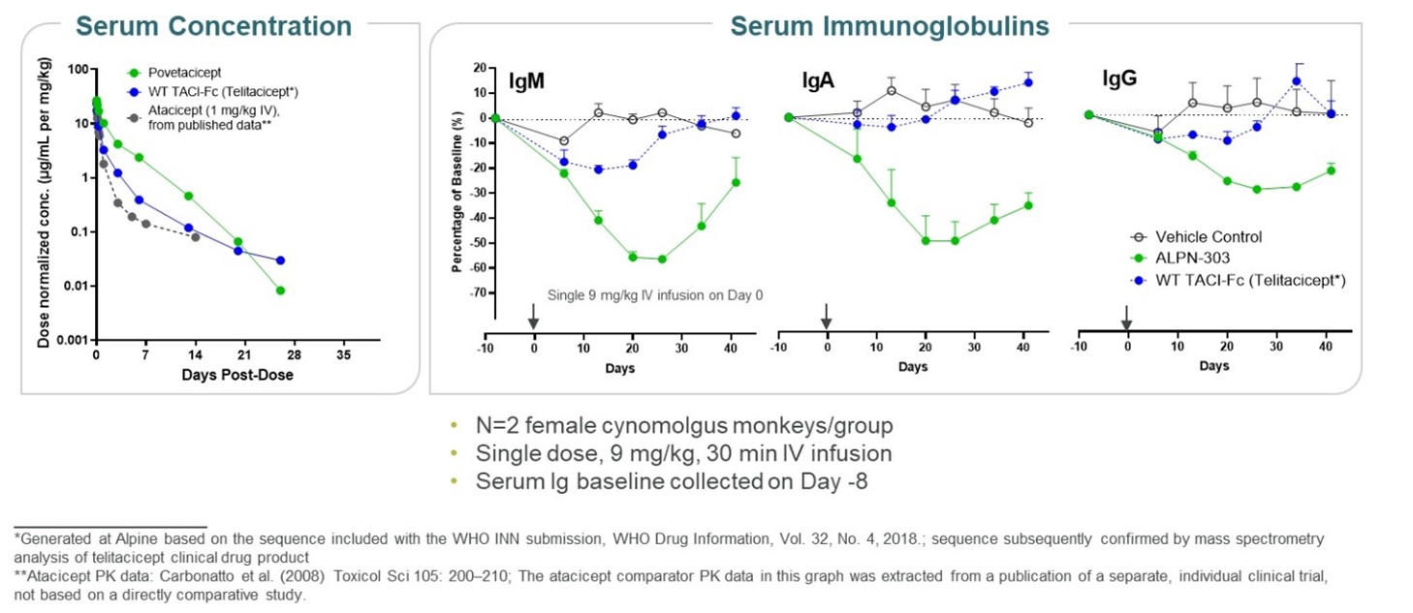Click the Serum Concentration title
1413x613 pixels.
(213, 24)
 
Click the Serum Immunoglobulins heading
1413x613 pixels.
(889, 25)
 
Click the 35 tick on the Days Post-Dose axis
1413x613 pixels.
(344, 356)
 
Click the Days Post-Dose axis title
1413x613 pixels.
(236, 375)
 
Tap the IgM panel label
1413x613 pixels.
(528, 81)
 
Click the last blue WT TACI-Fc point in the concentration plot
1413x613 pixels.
(281, 261)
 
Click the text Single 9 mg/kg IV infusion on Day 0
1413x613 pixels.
(655, 295)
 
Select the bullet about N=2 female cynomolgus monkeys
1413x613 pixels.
(684, 426)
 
